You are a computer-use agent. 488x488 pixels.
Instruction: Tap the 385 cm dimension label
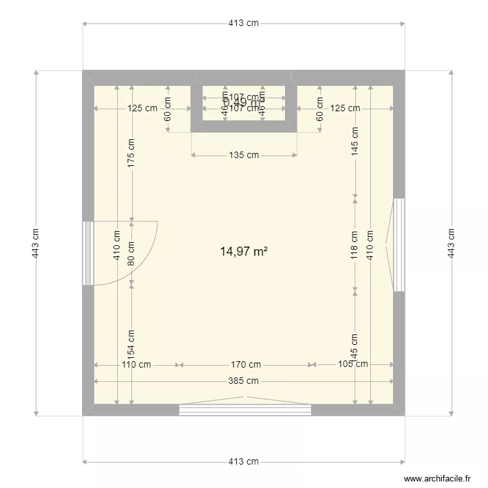point(244,381)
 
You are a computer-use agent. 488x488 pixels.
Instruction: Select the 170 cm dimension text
point(246,364)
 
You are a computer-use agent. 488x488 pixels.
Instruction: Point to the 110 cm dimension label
point(136,364)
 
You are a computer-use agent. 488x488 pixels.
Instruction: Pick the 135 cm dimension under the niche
point(244,155)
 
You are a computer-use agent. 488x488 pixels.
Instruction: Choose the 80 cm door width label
point(131,252)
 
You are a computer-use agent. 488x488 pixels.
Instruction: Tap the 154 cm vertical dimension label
point(131,345)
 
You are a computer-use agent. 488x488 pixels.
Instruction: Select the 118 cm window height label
point(355,244)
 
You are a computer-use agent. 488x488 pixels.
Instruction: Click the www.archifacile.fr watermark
point(437,478)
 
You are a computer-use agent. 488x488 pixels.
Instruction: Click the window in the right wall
point(399,244)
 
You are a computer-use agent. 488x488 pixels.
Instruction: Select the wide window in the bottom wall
point(245,409)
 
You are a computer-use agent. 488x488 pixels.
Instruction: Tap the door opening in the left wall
point(88,253)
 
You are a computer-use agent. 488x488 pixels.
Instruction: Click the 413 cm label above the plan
point(243,23)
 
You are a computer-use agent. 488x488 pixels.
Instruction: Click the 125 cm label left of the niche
point(142,108)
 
